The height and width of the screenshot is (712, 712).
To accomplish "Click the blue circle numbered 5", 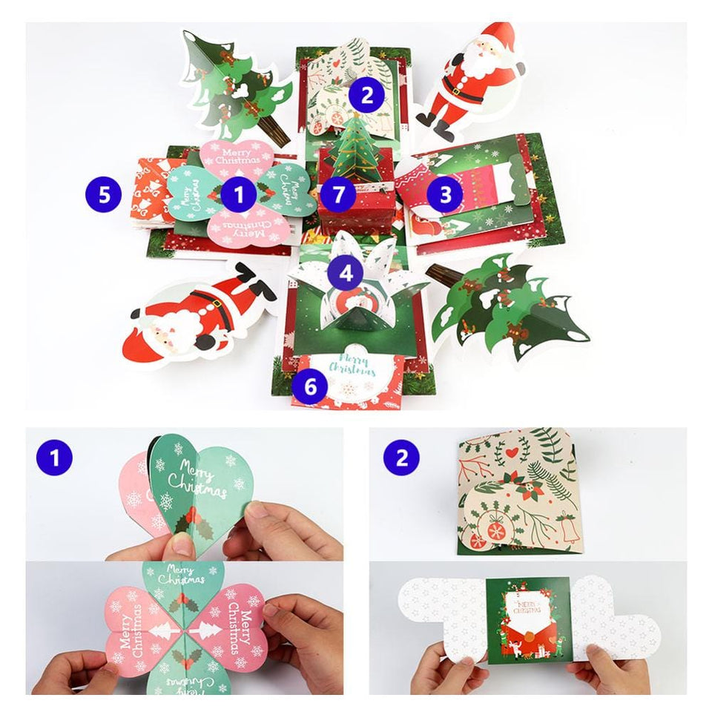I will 105,195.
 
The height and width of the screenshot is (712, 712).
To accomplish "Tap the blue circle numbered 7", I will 338,195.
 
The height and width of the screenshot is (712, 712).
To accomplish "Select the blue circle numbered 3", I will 445,195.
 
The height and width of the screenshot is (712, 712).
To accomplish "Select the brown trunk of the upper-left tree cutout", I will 276,133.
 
